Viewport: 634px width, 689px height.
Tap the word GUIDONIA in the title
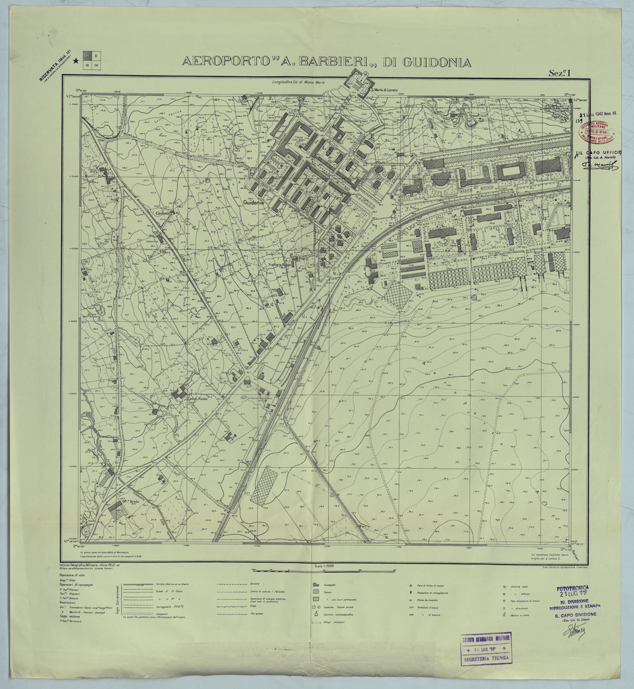tap(435, 62)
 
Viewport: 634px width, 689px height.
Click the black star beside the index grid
tap(76, 68)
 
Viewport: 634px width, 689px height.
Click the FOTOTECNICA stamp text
tap(576, 587)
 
